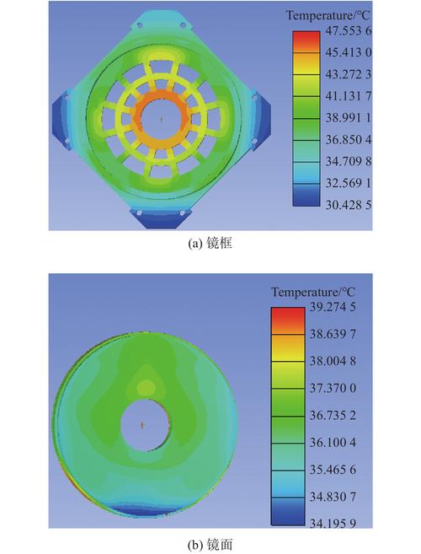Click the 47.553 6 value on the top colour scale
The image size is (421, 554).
(348, 31)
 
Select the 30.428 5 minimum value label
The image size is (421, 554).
(348, 205)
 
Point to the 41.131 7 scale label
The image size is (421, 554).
(348, 96)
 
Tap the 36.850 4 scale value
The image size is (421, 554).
(348, 140)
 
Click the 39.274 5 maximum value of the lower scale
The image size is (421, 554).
(333, 307)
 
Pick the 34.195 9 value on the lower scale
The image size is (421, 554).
(333, 524)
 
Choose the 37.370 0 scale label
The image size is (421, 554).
(333, 388)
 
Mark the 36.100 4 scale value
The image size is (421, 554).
(333, 443)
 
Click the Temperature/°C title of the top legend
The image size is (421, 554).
(328, 15)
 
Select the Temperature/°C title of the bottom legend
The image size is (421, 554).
(313, 293)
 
